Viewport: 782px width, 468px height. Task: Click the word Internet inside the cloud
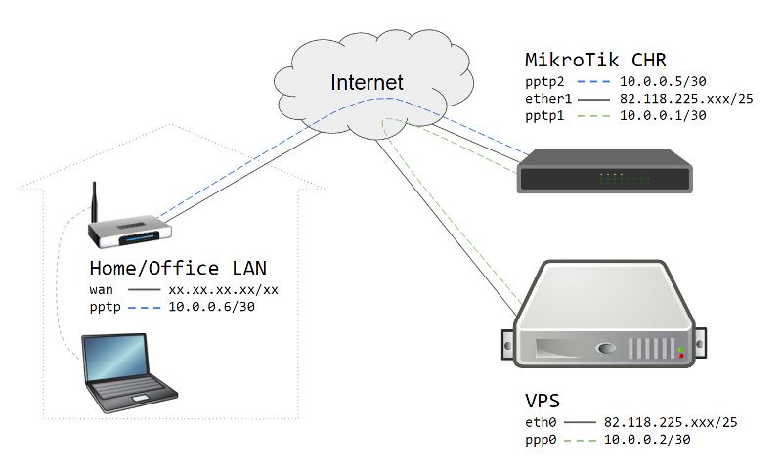coord(367,82)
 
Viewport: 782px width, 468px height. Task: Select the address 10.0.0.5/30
coord(663,84)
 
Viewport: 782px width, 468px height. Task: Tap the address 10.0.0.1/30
coord(663,115)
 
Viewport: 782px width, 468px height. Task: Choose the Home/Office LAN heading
coord(178,269)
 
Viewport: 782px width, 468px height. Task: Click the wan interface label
coord(102,290)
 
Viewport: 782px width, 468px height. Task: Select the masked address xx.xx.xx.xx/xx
coord(224,290)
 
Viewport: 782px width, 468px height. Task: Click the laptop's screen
coord(115,356)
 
